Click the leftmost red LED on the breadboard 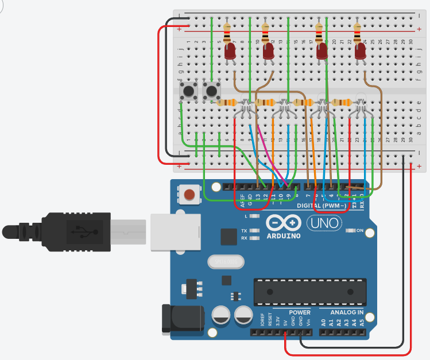230,52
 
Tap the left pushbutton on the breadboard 188,90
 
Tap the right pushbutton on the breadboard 212,90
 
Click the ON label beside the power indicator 361,231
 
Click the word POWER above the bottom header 300,312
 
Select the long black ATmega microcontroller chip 310,292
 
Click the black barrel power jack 183,320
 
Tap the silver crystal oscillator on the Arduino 223,261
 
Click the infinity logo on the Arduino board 283,223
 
